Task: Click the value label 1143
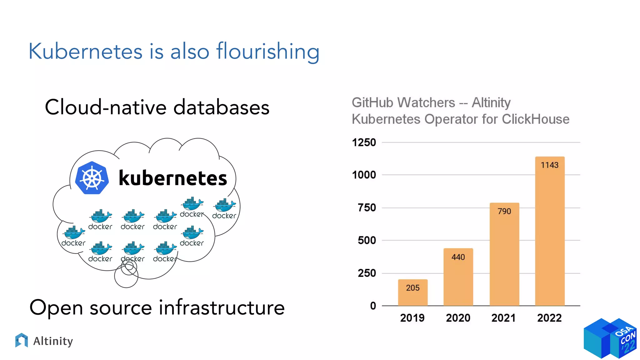[550, 165]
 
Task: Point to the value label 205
[412, 288]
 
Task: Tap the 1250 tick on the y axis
[364, 142]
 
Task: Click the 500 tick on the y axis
[367, 240]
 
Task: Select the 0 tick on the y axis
[373, 306]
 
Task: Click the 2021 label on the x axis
[503, 318]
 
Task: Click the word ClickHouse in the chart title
[535, 119]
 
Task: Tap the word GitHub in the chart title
[372, 102]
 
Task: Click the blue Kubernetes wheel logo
[92, 178]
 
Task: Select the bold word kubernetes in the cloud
[173, 178]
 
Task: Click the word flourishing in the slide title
[268, 51]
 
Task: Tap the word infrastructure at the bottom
[222, 307]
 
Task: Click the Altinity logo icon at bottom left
[21, 341]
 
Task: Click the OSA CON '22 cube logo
[610, 338]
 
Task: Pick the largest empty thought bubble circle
[126, 276]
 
